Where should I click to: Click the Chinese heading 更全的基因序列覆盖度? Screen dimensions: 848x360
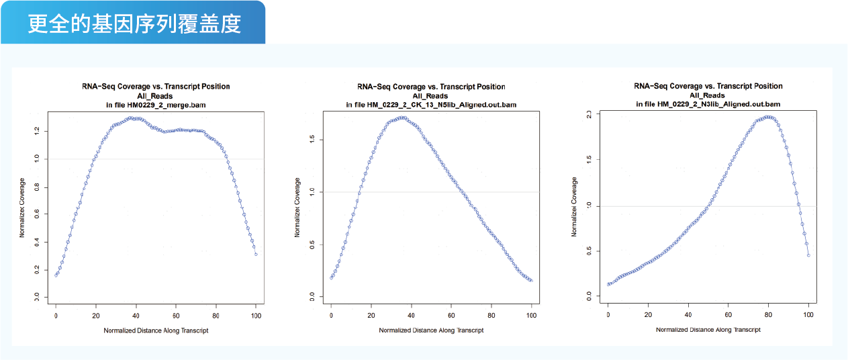[x=134, y=24]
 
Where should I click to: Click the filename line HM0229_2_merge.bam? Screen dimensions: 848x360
[x=156, y=105]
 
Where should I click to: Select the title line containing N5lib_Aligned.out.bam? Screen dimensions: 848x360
[x=431, y=105]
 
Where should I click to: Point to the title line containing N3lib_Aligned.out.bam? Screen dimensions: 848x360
[x=708, y=104]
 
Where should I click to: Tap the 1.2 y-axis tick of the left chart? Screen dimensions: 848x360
[x=37, y=131]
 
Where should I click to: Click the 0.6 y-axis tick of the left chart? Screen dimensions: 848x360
[x=37, y=214]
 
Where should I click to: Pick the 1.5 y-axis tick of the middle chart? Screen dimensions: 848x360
[x=312, y=140]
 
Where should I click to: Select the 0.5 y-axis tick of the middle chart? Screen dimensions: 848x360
[x=312, y=245]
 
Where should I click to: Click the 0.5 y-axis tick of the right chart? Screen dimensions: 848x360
[x=589, y=251]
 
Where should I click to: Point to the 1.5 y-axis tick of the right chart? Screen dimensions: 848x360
[x=589, y=159]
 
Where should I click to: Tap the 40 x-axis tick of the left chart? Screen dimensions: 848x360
[x=136, y=316]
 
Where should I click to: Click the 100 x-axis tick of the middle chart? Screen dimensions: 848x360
[x=532, y=315]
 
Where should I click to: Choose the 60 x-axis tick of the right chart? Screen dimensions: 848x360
[x=728, y=314]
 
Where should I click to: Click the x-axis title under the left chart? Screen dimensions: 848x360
[x=156, y=330]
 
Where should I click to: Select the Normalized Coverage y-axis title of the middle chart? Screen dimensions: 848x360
[x=297, y=208]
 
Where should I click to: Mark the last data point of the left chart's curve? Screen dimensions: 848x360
[x=256, y=255]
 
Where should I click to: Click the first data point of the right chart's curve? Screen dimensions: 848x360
[x=608, y=284]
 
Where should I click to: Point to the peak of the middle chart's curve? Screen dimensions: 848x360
[x=403, y=118]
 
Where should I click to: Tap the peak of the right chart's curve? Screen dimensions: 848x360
[x=768, y=117]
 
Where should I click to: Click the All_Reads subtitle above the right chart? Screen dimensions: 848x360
[x=707, y=95]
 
